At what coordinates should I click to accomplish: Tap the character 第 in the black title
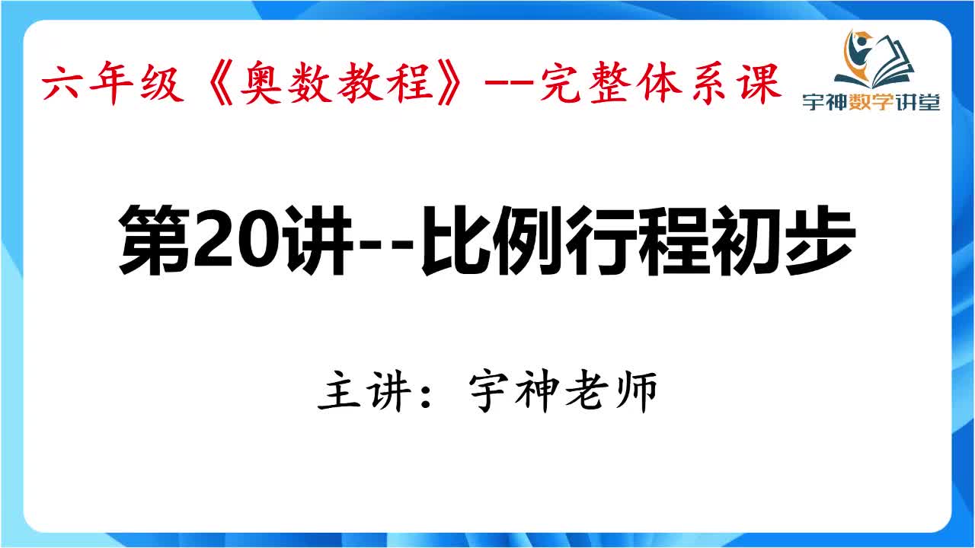(153, 237)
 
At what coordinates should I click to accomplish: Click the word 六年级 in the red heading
(113, 84)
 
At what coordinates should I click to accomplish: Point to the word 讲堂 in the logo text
(921, 103)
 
